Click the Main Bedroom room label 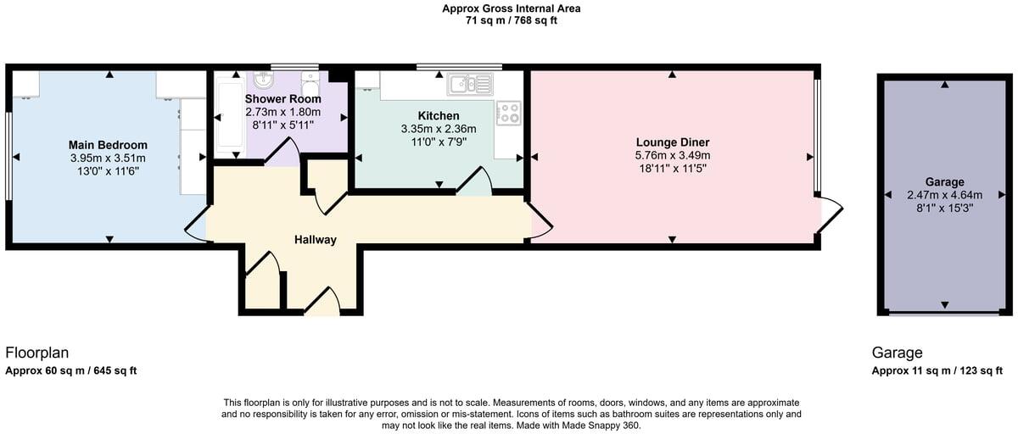[x=109, y=145]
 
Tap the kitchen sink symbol [x=470, y=83]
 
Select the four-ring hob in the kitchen [x=508, y=113]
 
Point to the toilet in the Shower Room [x=310, y=88]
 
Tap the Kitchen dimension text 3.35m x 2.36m [x=439, y=129]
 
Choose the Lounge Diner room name [x=672, y=142]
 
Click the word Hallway [x=315, y=240]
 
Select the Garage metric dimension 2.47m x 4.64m [x=944, y=195]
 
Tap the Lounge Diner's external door [x=829, y=214]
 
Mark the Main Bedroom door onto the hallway [x=197, y=225]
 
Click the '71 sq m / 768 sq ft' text [x=511, y=21]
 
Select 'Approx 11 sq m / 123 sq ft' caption [x=937, y=371]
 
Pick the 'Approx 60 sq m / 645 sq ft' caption [x=71, y=371]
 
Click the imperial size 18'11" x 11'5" [x=672, y=169]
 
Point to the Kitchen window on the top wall [x=458, y=66]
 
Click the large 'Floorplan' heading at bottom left [x=37, y=353]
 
